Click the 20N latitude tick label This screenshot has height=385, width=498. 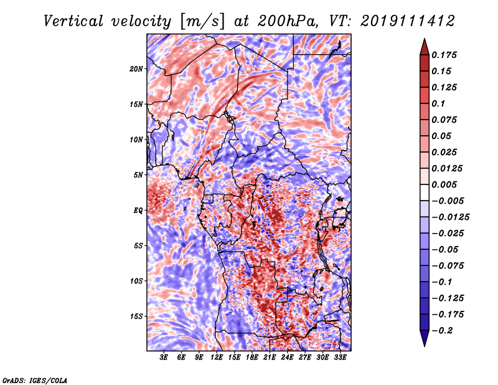click(136, 69)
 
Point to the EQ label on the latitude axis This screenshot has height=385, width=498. click(138, 210)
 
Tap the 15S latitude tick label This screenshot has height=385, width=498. click(136, 316)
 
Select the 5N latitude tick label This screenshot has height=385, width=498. click(138, 174)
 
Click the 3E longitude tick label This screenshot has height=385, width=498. click(164, 358)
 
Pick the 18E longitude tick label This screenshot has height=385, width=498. click(252, 358)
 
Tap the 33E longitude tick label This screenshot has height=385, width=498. click(341, 358)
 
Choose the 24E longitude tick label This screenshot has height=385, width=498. click(288, 358)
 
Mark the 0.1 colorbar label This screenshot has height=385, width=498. click(439, 103)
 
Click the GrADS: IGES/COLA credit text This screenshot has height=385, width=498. click(35, 379)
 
